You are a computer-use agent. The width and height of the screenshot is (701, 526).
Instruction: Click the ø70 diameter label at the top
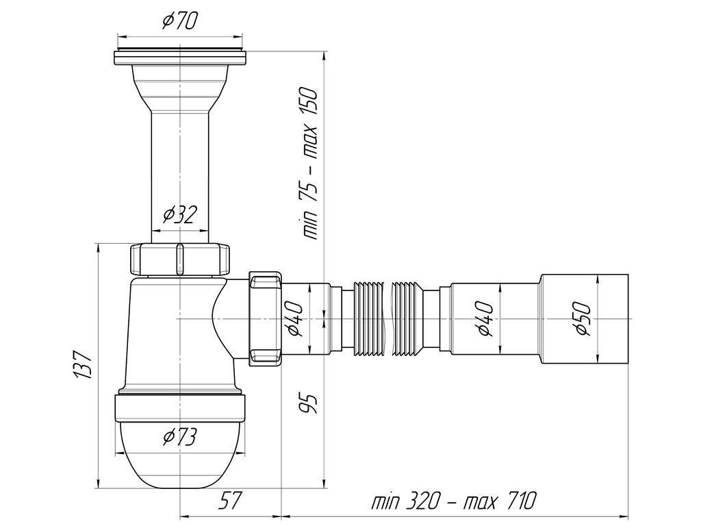click(179, 21)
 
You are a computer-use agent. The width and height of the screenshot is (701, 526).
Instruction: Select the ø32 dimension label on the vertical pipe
click(179, 215)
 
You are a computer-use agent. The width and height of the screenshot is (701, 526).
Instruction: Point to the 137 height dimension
click(83, 365)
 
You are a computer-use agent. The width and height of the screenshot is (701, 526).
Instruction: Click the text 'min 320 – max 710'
click(454, 500)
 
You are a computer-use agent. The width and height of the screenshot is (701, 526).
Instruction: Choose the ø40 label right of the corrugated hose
click(483, 318)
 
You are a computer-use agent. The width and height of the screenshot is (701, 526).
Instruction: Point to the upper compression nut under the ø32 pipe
click(180, 259)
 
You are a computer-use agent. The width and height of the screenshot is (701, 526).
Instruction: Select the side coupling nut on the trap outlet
click(265, 319)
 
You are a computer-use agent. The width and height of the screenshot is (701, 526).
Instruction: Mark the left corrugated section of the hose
click(369, 319)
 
